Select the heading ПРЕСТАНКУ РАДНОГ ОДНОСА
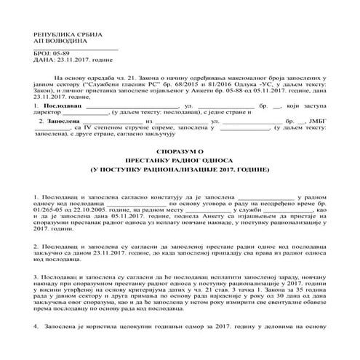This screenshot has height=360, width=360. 180,178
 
